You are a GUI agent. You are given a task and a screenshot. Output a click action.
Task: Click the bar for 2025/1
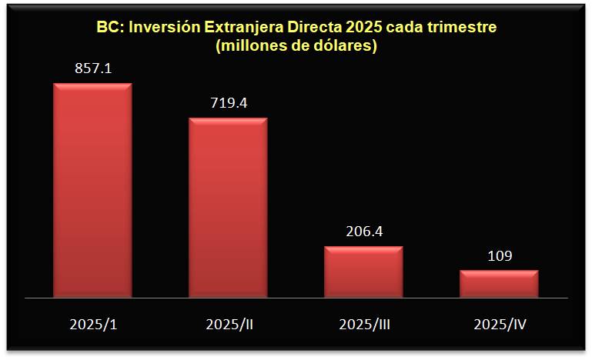[x=92, y=189]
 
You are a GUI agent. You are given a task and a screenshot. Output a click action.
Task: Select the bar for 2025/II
[x=228, y=207]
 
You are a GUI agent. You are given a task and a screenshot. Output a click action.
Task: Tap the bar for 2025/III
[x=363, y=271]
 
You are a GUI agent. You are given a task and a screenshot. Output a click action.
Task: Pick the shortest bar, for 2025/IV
[x=498, y=283]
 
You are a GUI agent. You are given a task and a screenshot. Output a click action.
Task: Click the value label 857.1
[x=93, y=68]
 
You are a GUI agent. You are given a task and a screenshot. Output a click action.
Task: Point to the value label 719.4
[x=228, y=102]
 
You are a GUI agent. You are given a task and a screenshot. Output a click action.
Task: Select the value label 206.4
[x=363, y=230]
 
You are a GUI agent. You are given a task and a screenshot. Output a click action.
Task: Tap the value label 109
[x=499, y=255]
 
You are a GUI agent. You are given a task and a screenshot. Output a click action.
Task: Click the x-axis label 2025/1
[x=93, y=324]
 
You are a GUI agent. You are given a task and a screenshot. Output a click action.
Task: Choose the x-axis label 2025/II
[x=229, y=324]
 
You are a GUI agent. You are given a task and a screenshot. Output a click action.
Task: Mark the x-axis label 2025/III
[x=364, y=324]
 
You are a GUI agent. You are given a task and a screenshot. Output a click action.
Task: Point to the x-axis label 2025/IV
[x=499, y=324]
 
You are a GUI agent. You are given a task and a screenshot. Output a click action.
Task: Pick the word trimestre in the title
[x=462, y=27]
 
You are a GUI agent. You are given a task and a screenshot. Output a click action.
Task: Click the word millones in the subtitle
[x=251, y=45]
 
